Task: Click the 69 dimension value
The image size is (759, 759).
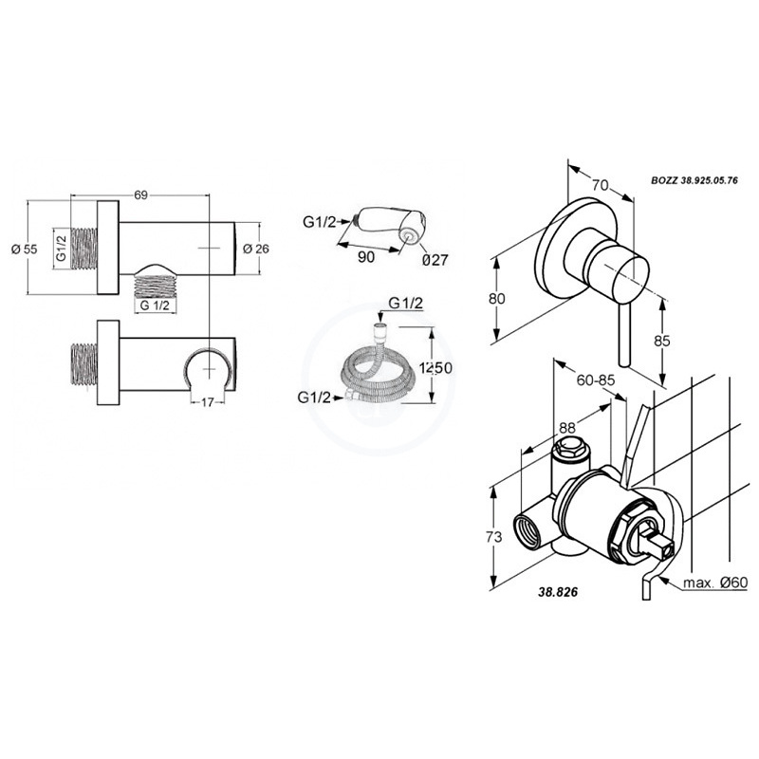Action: (x=140, y=195)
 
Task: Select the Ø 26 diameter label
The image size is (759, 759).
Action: (x=256, y=249)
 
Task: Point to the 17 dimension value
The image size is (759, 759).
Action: (x=207, y=401)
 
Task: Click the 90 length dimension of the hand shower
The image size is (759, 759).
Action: (x=366, y=256)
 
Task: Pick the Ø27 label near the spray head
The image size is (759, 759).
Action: (x=435, y=260)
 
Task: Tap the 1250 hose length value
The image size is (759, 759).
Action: (x=435, y=368)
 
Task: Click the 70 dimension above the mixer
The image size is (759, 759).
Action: (x=601, y=185)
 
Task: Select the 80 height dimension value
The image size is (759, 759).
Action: (x=496, y=299)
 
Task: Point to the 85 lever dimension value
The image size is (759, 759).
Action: (x=661, y=341)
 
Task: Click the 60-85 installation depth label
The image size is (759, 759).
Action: (x=596, y=380)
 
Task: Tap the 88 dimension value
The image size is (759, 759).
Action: (x=567, y=428)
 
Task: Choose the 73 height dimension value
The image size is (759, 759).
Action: (x=493, y=537)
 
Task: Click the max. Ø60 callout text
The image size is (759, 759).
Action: (x=715, y=583)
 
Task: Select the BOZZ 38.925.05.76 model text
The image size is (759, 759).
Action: (x=694, y=180)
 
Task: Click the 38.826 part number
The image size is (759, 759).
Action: (x=558, y=591)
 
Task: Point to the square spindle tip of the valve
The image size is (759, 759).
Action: (x=660, y=545)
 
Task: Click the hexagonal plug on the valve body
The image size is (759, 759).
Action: (x=571, y=446)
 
